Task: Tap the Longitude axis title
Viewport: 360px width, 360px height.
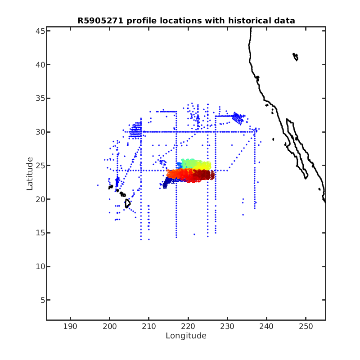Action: (186, 336)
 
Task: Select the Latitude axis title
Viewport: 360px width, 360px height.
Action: (30, 174)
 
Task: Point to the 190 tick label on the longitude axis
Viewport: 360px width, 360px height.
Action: (70, 326)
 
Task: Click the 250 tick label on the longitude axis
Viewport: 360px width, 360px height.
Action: (306, 326)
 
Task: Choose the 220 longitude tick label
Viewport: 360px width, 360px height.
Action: (188, 326)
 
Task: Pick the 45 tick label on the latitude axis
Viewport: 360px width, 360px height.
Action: (40, 31)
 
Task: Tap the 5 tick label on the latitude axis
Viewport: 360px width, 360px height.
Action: (43, 300)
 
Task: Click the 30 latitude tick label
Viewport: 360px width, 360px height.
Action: (40, 132)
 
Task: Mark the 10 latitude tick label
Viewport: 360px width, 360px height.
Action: (40, 266)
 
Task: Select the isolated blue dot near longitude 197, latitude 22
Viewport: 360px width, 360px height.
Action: (98, 185)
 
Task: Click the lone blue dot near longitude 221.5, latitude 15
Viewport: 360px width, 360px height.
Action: (194, 234)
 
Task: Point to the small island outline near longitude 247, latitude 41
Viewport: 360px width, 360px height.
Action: (296, 57)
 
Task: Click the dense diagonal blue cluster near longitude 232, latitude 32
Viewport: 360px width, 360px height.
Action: (238, 118)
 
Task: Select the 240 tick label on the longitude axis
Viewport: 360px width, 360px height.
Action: (266, 326)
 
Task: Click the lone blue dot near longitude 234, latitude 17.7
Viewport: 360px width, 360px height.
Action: (243, 215)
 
